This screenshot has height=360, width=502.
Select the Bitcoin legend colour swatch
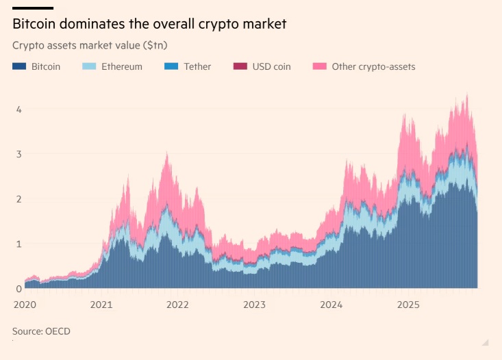click(x=19, y=66)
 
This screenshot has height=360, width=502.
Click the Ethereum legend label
click(x=122, y=66)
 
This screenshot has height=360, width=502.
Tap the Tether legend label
click(x=197, y=66)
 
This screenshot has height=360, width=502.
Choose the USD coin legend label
click(x=272, y=66)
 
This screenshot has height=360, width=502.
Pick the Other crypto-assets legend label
click(x=373, y=66)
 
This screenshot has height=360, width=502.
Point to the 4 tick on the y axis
click(x=18, y=110)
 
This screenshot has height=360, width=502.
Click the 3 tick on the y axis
click(x=18, y=154)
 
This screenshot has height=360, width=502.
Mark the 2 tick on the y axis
click(x=18, y=199)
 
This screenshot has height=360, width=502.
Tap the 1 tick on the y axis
click(x=18, y=244)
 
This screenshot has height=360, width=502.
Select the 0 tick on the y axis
click(x=18, y=288)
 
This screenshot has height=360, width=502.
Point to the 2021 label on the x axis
click(x=101, y=305)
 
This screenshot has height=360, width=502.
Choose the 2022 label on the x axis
click(x=178, y=305)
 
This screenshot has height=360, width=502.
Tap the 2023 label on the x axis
click(x=255, y=305)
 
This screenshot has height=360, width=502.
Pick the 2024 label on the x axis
click(x=331, y=305)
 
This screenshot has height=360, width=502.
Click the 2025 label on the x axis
click(x=408, y=305)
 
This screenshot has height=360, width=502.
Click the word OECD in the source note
click(x=58, y=331)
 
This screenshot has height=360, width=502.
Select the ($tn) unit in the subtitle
click(x=154, y=45)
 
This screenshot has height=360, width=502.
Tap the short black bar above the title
click(x=28, y=8)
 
